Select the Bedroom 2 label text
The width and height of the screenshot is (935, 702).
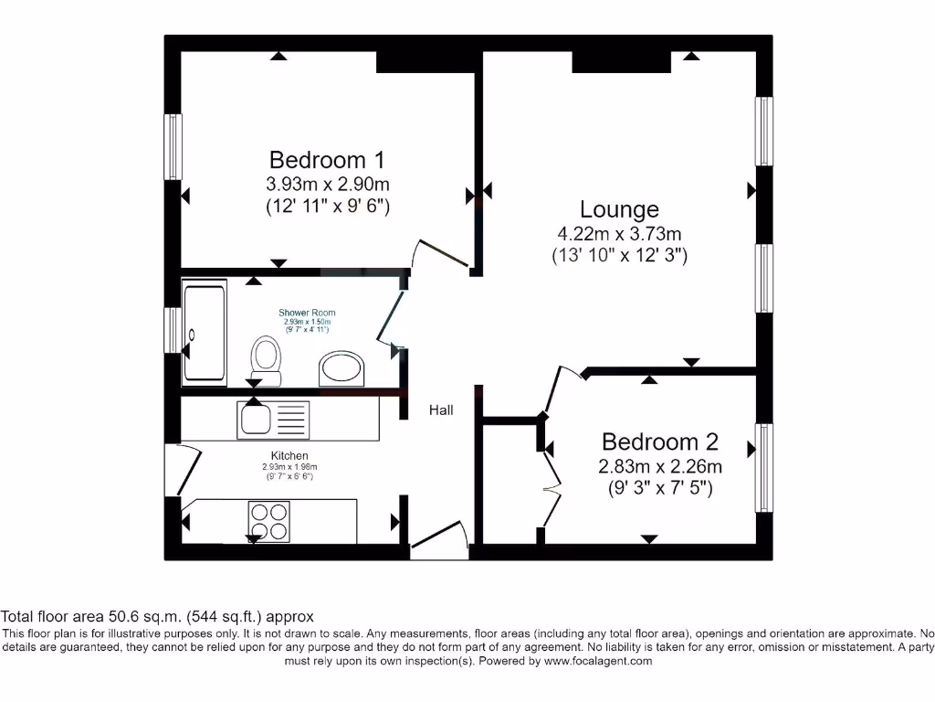pyautogui.click(x=659, y=442)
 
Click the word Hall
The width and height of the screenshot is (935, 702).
pyautogui.click(x=441, y=410)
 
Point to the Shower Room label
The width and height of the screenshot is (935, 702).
pyautogui.click(x=307, y=313)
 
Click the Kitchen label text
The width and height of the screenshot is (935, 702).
pyautogui.click(x=289, y=455)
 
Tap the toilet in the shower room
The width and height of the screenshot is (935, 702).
pyautogui.click(x=266, y=359)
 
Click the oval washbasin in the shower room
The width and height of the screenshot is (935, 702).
pyautogui.click(x=341, y=369)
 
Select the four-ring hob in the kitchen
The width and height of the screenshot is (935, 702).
pyautogui.click(x=268, y=521)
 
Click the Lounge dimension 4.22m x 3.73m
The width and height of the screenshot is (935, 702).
pyautogui.click(x=620, y=234)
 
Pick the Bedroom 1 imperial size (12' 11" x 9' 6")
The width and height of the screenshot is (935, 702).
pyautogui.click(x=327, y=206)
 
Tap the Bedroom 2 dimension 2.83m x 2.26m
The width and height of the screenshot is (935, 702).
pyautogui.click(x=659, y=466)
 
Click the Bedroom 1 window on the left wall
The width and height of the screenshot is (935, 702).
pyautogui.click(x=172, y=146)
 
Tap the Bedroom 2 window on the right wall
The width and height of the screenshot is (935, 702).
pyautogui.click(x=762, y=467)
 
